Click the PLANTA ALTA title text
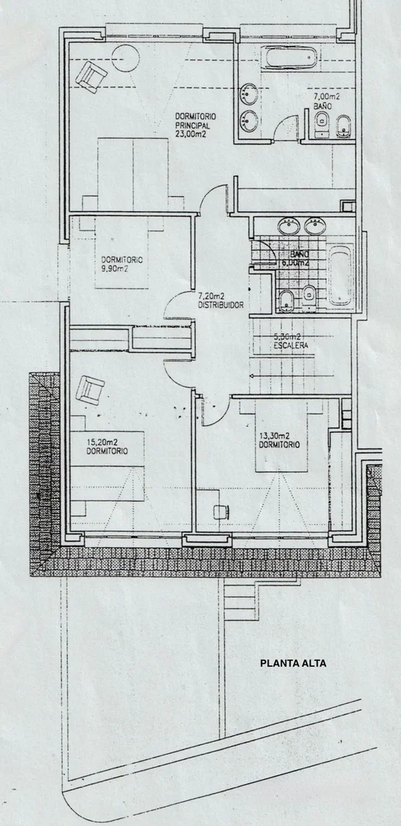coord(293,664)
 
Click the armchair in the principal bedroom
coord(92,77)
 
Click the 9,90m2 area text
coord(115,269)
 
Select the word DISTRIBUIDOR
coord(220,304)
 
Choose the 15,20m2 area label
coord(103,441)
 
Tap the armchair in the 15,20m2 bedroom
coord(90,391)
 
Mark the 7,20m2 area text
coord(211,295)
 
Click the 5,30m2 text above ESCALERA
coord(288,336)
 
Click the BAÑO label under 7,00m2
coord(321,107)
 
